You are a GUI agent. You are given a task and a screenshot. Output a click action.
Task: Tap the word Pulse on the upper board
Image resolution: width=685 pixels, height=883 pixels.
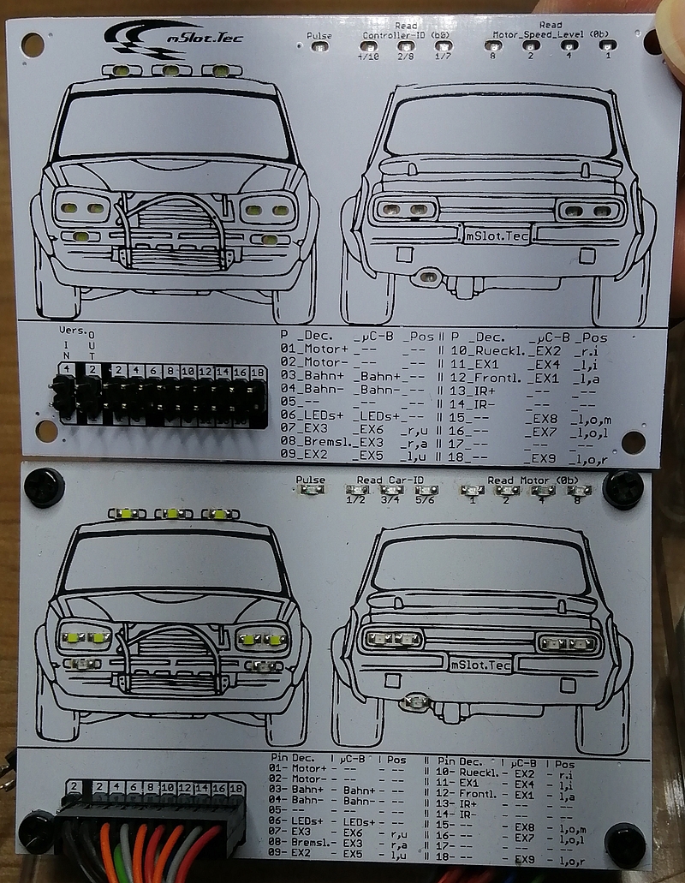[x=319, y=36]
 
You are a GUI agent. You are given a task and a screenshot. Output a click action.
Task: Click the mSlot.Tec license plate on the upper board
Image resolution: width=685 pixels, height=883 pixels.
[x=497, y=235]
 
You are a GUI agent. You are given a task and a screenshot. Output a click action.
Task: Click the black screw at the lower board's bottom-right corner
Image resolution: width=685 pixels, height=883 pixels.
[x=625, y=844]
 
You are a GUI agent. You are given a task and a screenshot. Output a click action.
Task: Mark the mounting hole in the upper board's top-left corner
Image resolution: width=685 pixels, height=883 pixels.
[x=33, y=45]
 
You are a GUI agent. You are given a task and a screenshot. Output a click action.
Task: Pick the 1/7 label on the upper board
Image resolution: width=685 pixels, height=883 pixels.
[x=444, y=57]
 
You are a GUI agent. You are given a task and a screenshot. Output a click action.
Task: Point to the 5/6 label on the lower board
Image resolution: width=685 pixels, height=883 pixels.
[x=426, y=501]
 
